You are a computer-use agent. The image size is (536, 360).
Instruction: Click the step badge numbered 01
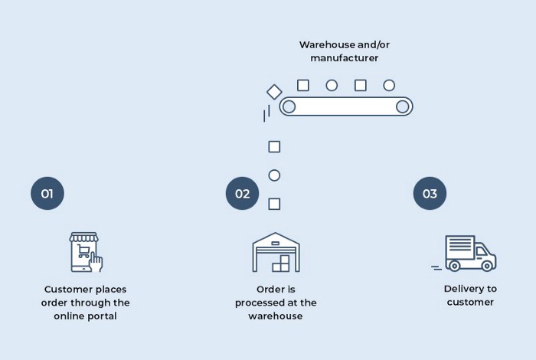[47, 193]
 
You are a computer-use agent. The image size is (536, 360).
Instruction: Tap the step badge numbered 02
[242, 193]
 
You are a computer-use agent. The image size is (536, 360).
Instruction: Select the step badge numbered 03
[430, 193]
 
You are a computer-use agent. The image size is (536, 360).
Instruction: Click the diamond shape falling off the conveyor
[274, 92]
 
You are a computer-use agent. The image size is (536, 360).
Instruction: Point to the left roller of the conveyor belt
[289, 106]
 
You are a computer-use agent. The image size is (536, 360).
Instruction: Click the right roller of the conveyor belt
[402, 106]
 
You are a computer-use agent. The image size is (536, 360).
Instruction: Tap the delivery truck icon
[464, 254]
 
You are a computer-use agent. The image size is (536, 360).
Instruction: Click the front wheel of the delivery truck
[487, 265]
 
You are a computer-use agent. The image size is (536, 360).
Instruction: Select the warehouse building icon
[276, 252]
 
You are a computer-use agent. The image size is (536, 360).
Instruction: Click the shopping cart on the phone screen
[83, 251]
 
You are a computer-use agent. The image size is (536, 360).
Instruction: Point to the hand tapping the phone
[96, 262]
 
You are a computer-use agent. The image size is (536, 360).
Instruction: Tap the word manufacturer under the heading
[345, 58]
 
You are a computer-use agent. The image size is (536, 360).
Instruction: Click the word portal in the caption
[101, 316]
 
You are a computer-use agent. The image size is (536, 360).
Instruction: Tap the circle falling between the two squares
[274, 175]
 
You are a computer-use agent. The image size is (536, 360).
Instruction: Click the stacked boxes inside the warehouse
[281, 263]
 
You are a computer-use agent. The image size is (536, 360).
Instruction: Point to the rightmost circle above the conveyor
[389, 85]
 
